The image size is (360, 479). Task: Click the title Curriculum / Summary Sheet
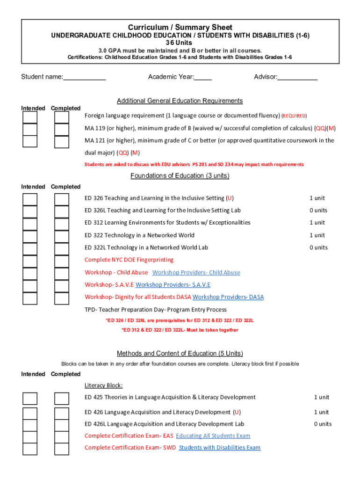tap(180, 28)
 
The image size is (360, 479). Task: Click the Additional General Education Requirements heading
tap(180, 101)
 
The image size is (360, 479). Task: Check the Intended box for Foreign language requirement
tap(30, 117)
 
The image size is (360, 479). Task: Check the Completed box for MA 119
tap(62, 129)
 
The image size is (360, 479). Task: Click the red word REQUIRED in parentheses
tap(294, 116)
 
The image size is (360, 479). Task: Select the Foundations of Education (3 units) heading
tap(180, 176)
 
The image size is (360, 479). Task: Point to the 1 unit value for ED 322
tap(317, 235)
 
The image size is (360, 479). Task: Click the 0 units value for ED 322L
tap(318, 247)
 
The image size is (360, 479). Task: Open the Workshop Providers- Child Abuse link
tap(196, 273)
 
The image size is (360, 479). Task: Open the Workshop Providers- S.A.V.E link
tap(173, 285)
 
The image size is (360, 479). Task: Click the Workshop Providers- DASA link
tap(228, 297)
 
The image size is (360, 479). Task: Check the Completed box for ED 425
tap(62, 399)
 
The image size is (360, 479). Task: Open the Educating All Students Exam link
tap(213, 436)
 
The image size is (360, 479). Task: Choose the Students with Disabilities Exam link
tap(219, 448)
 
